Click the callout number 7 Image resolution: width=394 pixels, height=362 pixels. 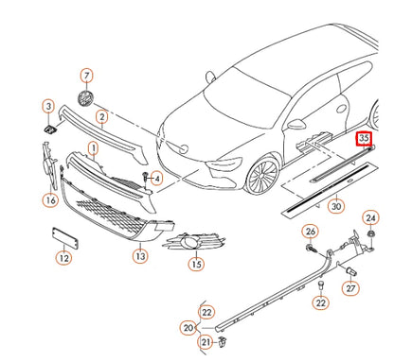86,75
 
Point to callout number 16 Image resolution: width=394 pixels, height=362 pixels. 50,199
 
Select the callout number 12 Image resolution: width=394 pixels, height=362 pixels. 63,257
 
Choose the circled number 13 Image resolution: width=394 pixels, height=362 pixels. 140,256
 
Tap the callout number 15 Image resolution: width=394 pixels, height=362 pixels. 196,264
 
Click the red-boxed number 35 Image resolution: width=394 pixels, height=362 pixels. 365,139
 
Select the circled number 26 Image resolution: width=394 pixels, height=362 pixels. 310,232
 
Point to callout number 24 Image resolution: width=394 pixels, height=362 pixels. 371,219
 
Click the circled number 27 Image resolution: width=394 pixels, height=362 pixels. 349,288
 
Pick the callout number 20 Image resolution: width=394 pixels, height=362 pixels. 188,327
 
